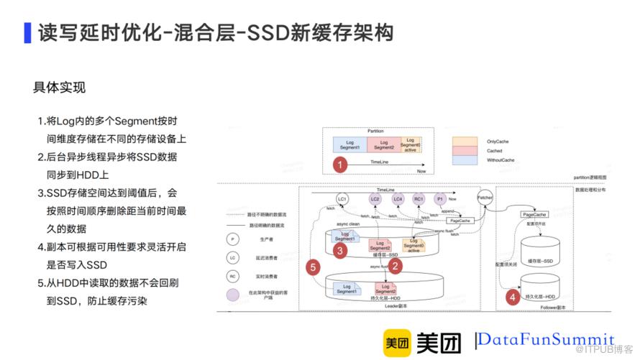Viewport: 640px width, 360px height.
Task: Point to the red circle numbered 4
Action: pos(511,296)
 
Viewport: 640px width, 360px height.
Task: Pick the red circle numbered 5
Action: pos(312,267)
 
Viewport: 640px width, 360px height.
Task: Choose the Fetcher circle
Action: pos(484,197)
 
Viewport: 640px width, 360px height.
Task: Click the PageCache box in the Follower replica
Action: pos(534,214)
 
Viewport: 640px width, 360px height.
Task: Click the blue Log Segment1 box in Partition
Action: pos(350,144)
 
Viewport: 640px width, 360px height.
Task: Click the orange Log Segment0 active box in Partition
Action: pos(411,144)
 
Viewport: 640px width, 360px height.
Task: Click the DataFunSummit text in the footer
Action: pos(547,339)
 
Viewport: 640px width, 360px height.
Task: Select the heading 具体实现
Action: pos(60,88)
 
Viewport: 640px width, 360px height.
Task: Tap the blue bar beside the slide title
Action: pos(27,32)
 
